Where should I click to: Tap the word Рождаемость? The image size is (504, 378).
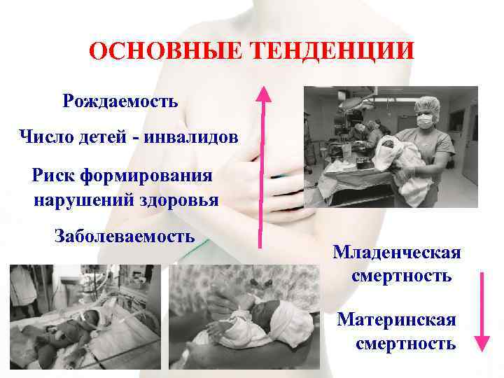point(120,101)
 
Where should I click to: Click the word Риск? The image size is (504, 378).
point(57,174)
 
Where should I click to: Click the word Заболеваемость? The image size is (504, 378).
point(125,235)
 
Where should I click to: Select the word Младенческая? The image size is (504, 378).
point(396,251)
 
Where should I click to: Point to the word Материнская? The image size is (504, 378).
point(396,320)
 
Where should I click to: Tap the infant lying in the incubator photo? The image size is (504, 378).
point(63,329)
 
